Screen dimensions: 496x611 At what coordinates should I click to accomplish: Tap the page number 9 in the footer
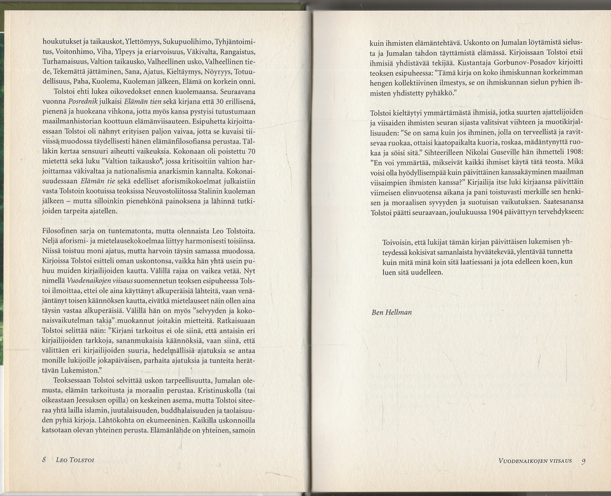coord(583,462)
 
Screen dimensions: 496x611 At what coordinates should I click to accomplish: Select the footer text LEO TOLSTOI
coord(76,460)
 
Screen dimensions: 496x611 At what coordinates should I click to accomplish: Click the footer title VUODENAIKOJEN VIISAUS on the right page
coord(535,460)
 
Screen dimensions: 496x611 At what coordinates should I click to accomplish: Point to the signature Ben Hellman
coord(391,313)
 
